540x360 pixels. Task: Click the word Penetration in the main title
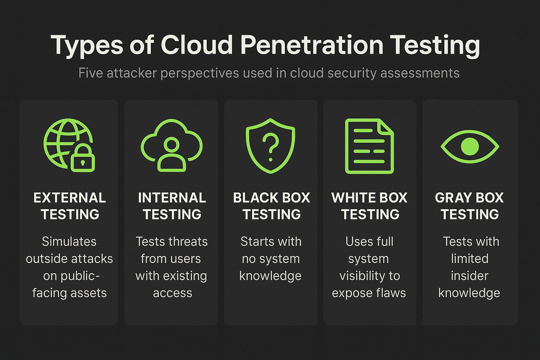point(311,45)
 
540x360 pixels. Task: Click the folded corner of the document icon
point(386,127)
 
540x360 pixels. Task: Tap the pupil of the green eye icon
point(470,146)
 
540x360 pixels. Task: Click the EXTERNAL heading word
point(70,198)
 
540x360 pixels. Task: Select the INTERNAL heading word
point(172,198)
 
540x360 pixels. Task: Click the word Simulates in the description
point(69,242)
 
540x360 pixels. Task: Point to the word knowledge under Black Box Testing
point(270,276)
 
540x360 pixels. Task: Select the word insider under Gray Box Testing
point(470,276)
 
